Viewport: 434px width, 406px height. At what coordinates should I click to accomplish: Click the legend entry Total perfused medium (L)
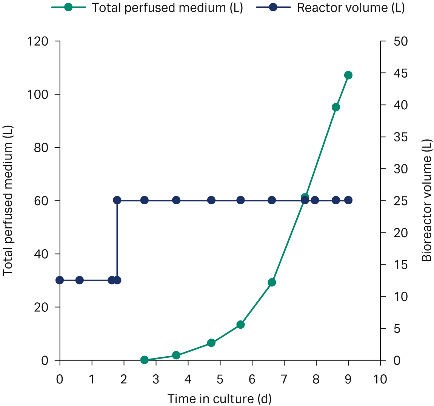tap(147, 8)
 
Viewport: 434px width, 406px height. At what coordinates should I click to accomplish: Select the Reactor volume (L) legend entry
tap(330, 8)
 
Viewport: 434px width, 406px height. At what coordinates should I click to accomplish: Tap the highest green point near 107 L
tap(348, 75)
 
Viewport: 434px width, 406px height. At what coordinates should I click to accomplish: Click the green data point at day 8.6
tap(336, 107)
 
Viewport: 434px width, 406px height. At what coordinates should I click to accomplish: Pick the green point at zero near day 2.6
tap(144, 360)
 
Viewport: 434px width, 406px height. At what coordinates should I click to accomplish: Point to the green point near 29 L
tap(272, 282)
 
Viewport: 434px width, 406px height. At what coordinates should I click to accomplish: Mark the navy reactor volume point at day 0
tap(60, 280)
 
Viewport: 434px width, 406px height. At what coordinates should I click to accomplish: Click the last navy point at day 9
tap(348, 200)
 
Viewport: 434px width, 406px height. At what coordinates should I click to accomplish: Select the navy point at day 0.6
tap(79, 280)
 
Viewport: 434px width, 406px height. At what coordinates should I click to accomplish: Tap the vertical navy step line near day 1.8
tap(117, 241)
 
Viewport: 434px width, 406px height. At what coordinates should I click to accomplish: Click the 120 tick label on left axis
tap(38, 41)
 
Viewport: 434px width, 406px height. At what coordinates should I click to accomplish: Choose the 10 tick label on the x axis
tap(380, 379)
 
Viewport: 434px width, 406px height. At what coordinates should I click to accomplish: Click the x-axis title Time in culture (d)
tap(219, 398)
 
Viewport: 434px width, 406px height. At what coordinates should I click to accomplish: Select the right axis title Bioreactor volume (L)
tap(426, 200)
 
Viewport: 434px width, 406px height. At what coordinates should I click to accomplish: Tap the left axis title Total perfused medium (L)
tap(8, 200)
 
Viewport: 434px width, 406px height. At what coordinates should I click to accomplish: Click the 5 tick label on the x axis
tap(220, 379)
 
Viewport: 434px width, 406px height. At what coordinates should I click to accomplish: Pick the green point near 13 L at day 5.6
tap(240, 324)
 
